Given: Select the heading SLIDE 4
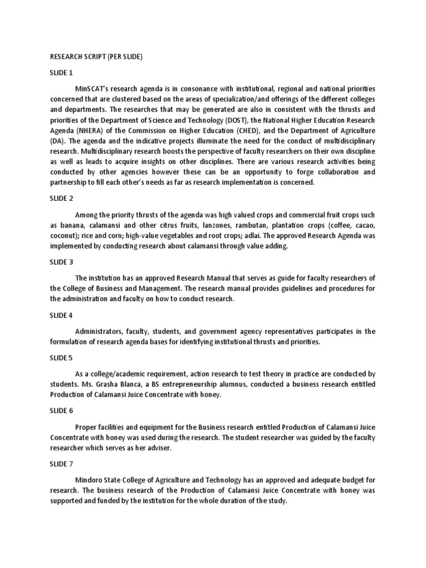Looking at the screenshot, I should pos(61,316).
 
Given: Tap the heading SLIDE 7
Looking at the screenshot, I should pos(61,463).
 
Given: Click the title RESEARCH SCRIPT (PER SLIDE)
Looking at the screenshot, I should pos(97,56).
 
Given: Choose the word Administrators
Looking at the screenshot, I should pos(99,332).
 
